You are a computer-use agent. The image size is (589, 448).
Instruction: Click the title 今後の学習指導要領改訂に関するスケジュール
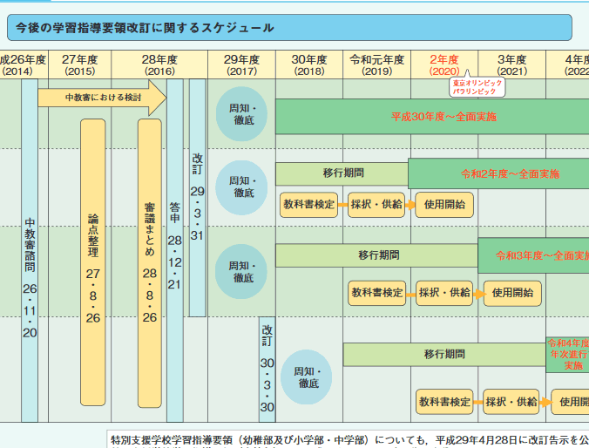(x=146, y=28)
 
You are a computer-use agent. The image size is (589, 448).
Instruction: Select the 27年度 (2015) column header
(x=80, y=64)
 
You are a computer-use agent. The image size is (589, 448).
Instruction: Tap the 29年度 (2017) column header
(x=241, y=64)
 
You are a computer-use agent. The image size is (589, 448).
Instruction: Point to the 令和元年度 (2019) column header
(x=376, y=64)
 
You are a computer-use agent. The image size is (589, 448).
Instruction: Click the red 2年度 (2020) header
(x=444, y=64)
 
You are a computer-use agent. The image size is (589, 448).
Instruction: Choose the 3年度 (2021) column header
(x=512, y=64)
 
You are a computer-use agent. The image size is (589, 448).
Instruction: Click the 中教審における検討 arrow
(x=102, y=97)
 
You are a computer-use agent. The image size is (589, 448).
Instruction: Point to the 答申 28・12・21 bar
(x=175, y=244)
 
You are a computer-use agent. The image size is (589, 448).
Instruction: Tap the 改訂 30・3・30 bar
(x=267, y=370)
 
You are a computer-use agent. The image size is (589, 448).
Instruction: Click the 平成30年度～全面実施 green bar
(x=431, y=116)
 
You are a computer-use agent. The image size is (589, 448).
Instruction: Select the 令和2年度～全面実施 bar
(x=497, y=173)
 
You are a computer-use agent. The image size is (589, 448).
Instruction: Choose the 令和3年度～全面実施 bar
(x=531, y=255)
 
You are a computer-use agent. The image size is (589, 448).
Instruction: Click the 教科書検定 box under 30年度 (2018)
(x=309, y=205)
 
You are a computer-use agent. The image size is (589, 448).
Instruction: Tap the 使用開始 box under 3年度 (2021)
(x=512, y=292)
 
